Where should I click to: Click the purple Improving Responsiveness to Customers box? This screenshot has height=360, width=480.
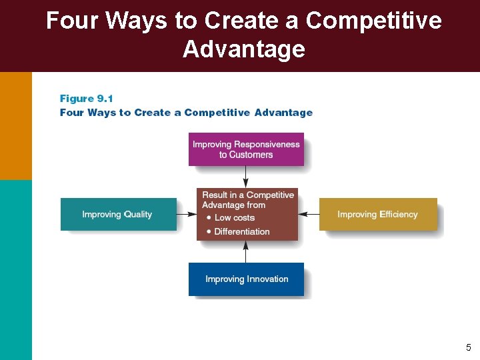pos(246,149)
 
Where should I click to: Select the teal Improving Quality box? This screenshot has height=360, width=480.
pos(118,214)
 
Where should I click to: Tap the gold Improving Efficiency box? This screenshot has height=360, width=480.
pos(377,214)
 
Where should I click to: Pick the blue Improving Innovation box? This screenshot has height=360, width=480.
pos(246,279)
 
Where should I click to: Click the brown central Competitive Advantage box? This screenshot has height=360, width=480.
pos(247,213)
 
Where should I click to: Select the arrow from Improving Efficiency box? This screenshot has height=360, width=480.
pos(309,214)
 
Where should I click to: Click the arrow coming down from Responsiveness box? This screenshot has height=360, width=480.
pos(246,177)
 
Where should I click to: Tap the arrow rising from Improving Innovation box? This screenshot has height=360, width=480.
pos(246,251)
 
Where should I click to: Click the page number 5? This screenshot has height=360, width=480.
pos(468,347)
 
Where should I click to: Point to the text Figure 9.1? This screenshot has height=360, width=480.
pos(87,99)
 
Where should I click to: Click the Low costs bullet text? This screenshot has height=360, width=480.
pos(235,218)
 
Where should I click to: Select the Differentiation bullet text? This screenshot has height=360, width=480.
pos(242,231)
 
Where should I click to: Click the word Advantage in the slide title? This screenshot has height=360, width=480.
pos(244,49)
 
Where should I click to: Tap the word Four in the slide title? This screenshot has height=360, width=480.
pos(73,21)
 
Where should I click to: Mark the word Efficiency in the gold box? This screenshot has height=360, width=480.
pos(399,214)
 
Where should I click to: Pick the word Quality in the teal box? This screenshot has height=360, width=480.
pos(137,214)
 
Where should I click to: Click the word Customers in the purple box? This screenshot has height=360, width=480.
pos(251,155)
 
